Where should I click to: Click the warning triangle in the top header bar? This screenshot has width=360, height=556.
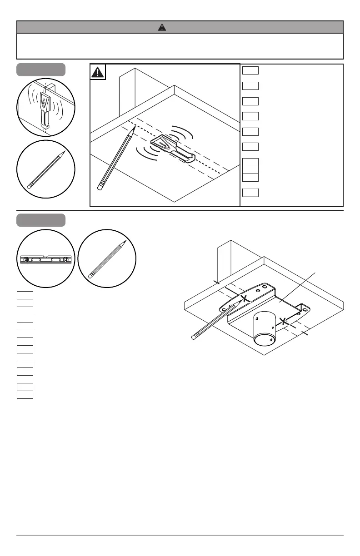(x=162, y=27)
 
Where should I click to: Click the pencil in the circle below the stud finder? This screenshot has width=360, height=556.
(x=46, y=170)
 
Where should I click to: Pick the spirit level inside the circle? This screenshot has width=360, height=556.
(x=46, y=259)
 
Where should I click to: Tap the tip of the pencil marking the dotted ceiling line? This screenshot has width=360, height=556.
(x=135, y=128)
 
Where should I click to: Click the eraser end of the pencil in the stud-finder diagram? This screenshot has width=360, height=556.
(x=100, y=186)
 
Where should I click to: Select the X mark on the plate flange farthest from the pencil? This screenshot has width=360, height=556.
(x=284, y=321)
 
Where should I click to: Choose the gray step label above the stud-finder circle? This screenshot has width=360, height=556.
(x=41, y=70)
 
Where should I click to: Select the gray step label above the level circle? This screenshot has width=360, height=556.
(x=41, y=220)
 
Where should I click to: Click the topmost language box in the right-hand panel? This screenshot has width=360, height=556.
(x=250, y=70)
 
